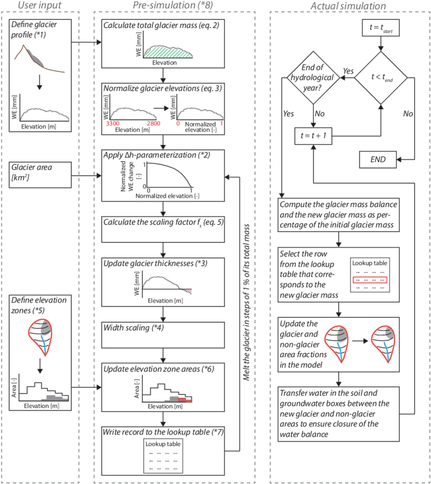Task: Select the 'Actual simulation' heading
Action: (x=348, y=6)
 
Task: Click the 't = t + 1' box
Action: (x=314, y=134)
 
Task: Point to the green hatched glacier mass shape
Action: (x=169, y=50)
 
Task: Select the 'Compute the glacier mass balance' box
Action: (x=339, y=214)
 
